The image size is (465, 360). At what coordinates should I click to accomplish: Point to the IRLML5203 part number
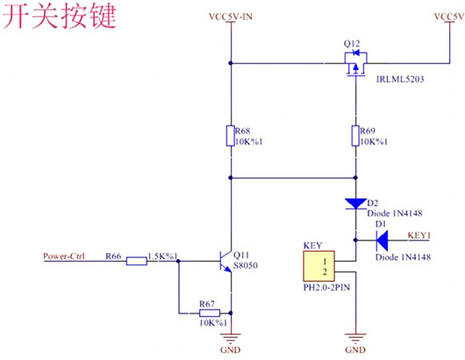pos(400,81)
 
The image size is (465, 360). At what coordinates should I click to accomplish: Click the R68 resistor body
pos(230,136)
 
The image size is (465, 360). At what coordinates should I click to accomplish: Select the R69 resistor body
pos(356,136)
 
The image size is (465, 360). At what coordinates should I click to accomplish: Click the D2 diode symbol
pos(356,204)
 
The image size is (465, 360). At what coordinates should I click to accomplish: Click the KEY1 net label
pos(421,236)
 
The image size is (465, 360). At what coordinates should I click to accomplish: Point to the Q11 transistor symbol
pos(224,260)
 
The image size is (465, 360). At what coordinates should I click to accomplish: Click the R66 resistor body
pos(136,260)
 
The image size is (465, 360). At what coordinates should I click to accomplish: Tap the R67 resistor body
pos(207,313)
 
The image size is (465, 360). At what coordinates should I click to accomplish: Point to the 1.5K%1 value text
pos(163,256)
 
